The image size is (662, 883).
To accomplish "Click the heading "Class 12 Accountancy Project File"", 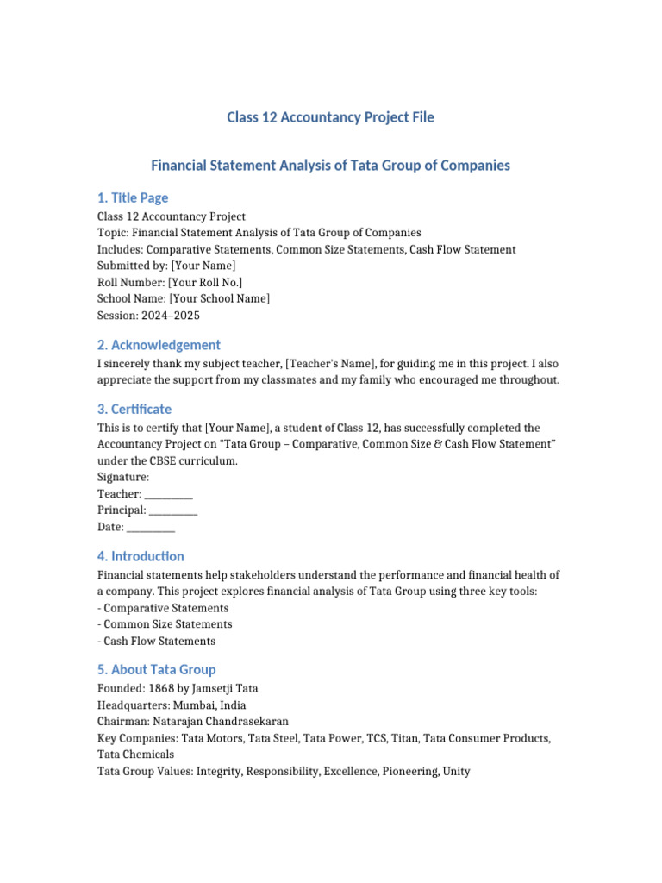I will pos(330,116).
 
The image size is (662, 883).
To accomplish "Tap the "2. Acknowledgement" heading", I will pos(159,345).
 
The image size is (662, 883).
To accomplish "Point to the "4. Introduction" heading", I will pos(141,556).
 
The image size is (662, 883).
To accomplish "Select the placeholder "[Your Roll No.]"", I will pos(206,283).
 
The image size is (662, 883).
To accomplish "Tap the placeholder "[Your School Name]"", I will pos(220,299).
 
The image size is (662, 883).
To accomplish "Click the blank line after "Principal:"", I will pos(173,510).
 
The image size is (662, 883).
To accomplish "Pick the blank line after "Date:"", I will pos(151,527).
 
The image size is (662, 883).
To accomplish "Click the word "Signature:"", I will pos(123,478).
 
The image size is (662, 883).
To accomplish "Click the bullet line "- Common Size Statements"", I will pos(165,624).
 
